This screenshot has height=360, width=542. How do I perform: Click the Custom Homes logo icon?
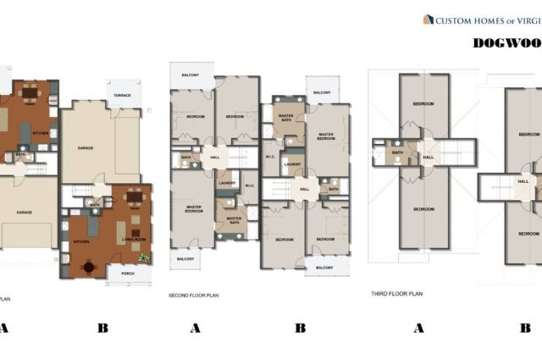[428, 19]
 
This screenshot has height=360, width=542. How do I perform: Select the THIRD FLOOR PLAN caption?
[396, 294]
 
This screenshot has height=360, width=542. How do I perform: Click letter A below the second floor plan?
[195, 329]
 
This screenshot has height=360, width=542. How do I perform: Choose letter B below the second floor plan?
[300, 329]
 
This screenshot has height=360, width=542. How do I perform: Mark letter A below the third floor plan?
[418, 329]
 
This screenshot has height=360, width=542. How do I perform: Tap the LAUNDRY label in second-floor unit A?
[226, 182]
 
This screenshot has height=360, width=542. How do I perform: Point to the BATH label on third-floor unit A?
[397, 152]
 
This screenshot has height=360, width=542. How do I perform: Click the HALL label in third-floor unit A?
[429, 157]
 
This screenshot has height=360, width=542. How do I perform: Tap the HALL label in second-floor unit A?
[215, 157]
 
